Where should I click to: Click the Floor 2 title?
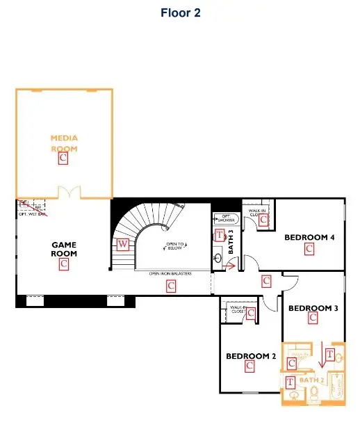(x=180, y=13)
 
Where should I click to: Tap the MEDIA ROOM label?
(x=64, y=143)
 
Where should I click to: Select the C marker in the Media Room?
(x=63, y=159)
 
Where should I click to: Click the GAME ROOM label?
(x=64, y=249)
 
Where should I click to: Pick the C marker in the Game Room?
(x=64, y=264)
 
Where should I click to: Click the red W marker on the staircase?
(x=123, y=243)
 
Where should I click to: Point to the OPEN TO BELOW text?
(x=174, y=246)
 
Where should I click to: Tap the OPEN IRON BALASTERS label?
(x=170, y=273)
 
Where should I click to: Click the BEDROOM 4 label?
(x=310, y=238)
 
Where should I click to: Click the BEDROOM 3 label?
(x=313, y=308)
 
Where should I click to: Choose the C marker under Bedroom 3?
(x=313, y=318)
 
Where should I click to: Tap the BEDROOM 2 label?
(x=251, y=357)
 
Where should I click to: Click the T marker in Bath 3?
(x=220, y=235)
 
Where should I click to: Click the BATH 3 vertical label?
(x=232, y=240)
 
